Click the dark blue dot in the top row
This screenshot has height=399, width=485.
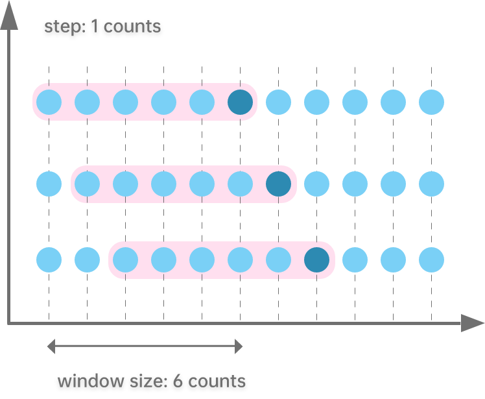click(x=240, y=102)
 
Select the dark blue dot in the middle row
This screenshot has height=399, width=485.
click(x=278, y=184)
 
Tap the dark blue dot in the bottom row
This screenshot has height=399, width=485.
click(x=316, y=260)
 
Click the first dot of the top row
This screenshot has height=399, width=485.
click(x=49, y=102)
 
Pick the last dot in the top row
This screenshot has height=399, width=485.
click(x=431, y=102)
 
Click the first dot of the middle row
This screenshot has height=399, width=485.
click(x=49, y=184)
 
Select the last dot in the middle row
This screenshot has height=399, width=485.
click(x=431, y=184)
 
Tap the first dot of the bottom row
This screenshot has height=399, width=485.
click(x=49, y=260)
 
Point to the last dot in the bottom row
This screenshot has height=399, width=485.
click(x=431, y=260)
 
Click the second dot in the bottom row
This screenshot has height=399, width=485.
click(x=87, y=260)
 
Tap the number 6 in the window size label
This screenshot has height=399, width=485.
click(x=178, y=381)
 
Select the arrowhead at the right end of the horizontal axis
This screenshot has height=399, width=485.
click(x=473, y=322)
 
